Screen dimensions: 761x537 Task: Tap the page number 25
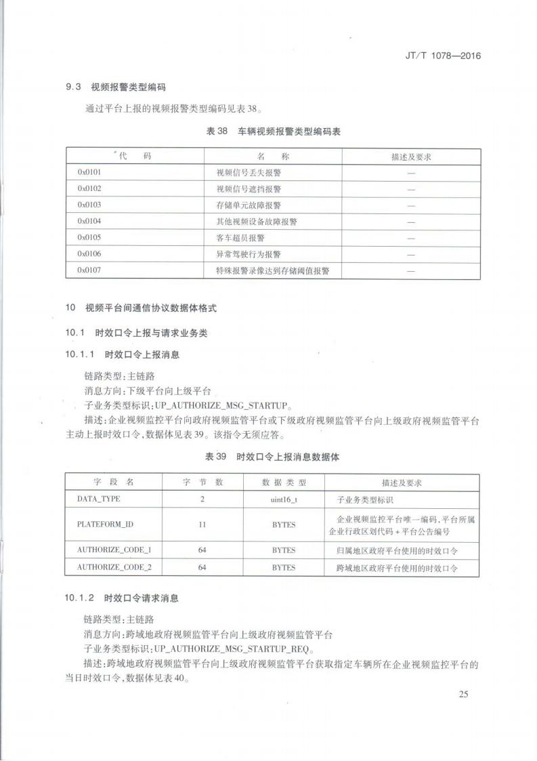point(464,693)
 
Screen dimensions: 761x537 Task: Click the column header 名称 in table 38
point(273,157)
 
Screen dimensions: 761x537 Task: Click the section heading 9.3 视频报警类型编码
point(116,87)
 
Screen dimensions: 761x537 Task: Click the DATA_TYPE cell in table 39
point(99,499)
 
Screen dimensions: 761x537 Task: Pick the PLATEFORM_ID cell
point(105,525)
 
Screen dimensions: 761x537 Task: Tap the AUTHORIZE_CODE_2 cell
point(114,567)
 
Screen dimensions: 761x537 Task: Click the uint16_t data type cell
point(284,499)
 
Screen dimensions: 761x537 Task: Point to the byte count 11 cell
point(202,525)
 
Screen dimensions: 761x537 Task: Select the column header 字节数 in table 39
point(202,482)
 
